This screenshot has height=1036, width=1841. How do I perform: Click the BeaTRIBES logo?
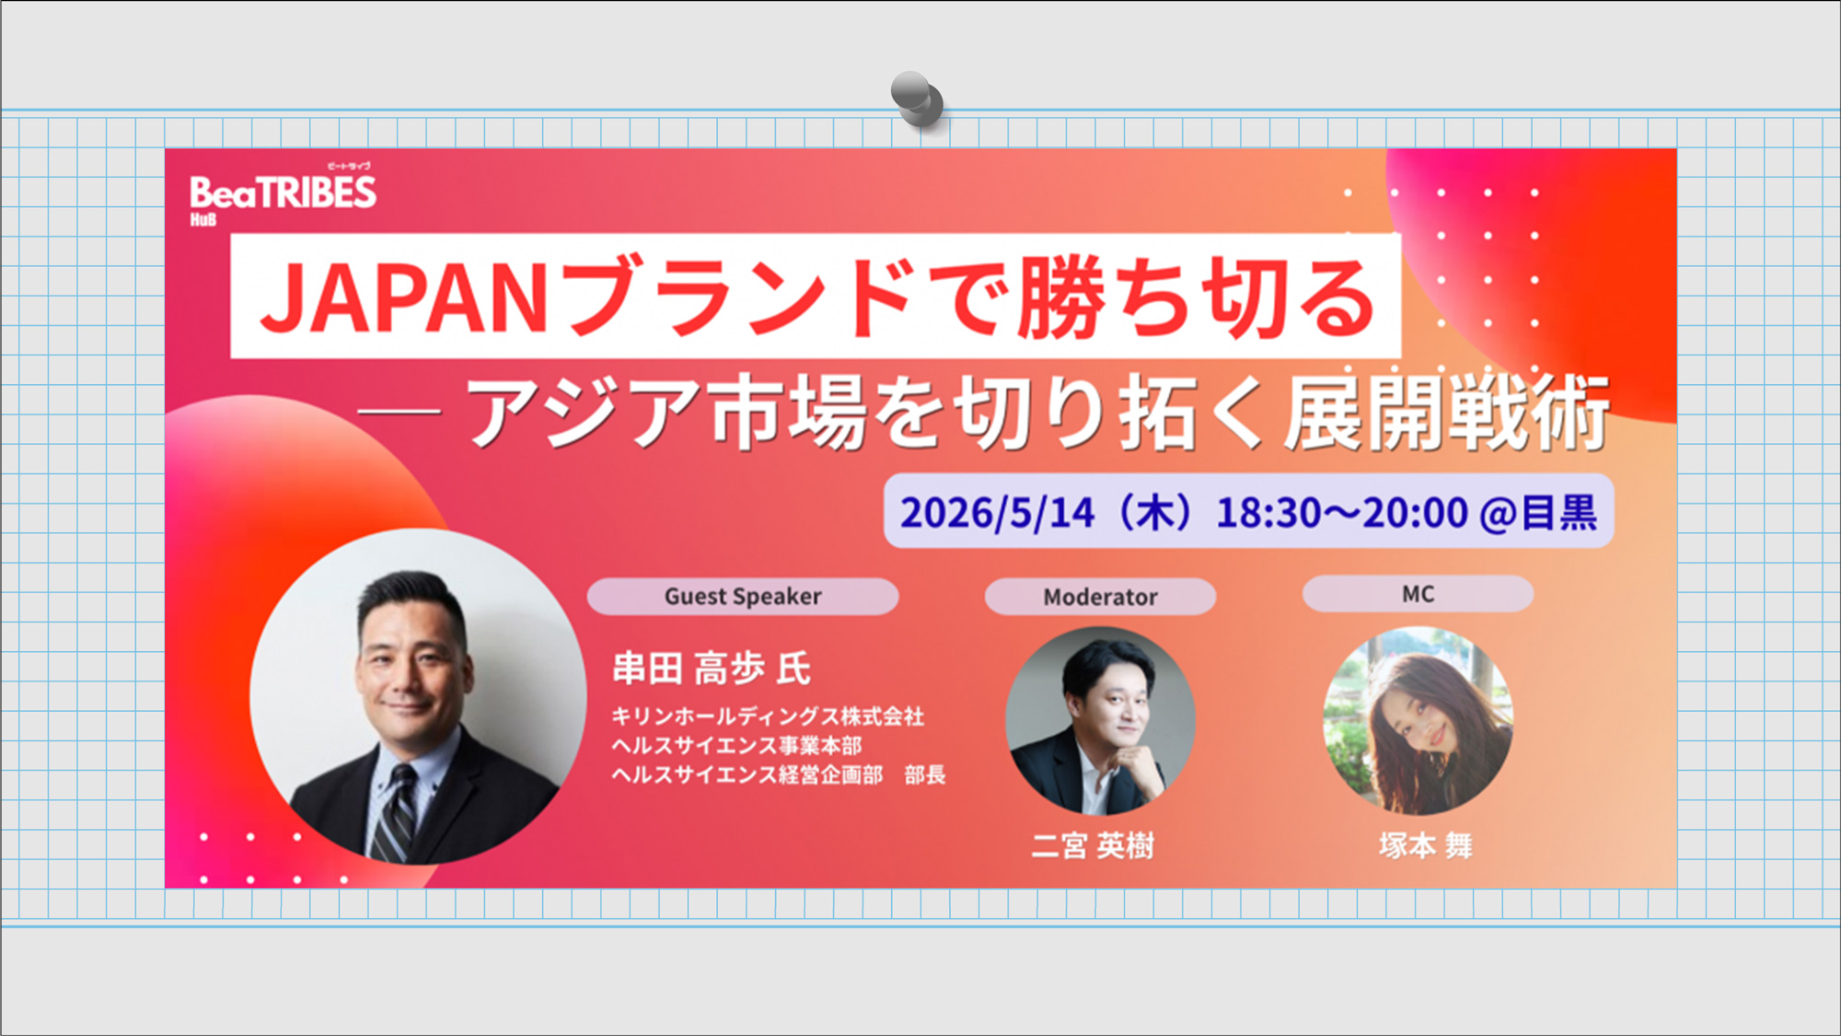click(x=283, y=194)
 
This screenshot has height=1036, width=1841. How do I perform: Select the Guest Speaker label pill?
click(x=742, y=597)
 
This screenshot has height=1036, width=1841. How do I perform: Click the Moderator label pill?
click(x=1100, y=597)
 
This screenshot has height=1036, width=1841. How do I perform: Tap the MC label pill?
click(x=1418, y=594)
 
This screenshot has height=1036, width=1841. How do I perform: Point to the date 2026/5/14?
click(x=997, y=513)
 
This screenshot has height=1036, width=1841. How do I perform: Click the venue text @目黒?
click(x=1538, y=513)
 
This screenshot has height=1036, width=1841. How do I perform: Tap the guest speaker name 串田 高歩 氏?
click(x=712, y=669)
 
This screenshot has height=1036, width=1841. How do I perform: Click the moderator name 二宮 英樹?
click(x=1093, y=845)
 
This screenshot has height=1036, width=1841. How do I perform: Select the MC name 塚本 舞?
click(x=1425, y=845)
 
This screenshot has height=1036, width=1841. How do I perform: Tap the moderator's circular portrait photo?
click(x=1100, y=720)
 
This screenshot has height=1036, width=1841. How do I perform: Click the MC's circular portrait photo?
click(x=1418, y=720)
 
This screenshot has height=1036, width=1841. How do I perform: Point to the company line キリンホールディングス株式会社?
click(x=768, y=716)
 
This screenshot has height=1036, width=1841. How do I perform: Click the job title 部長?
click(x=924, y=775)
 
